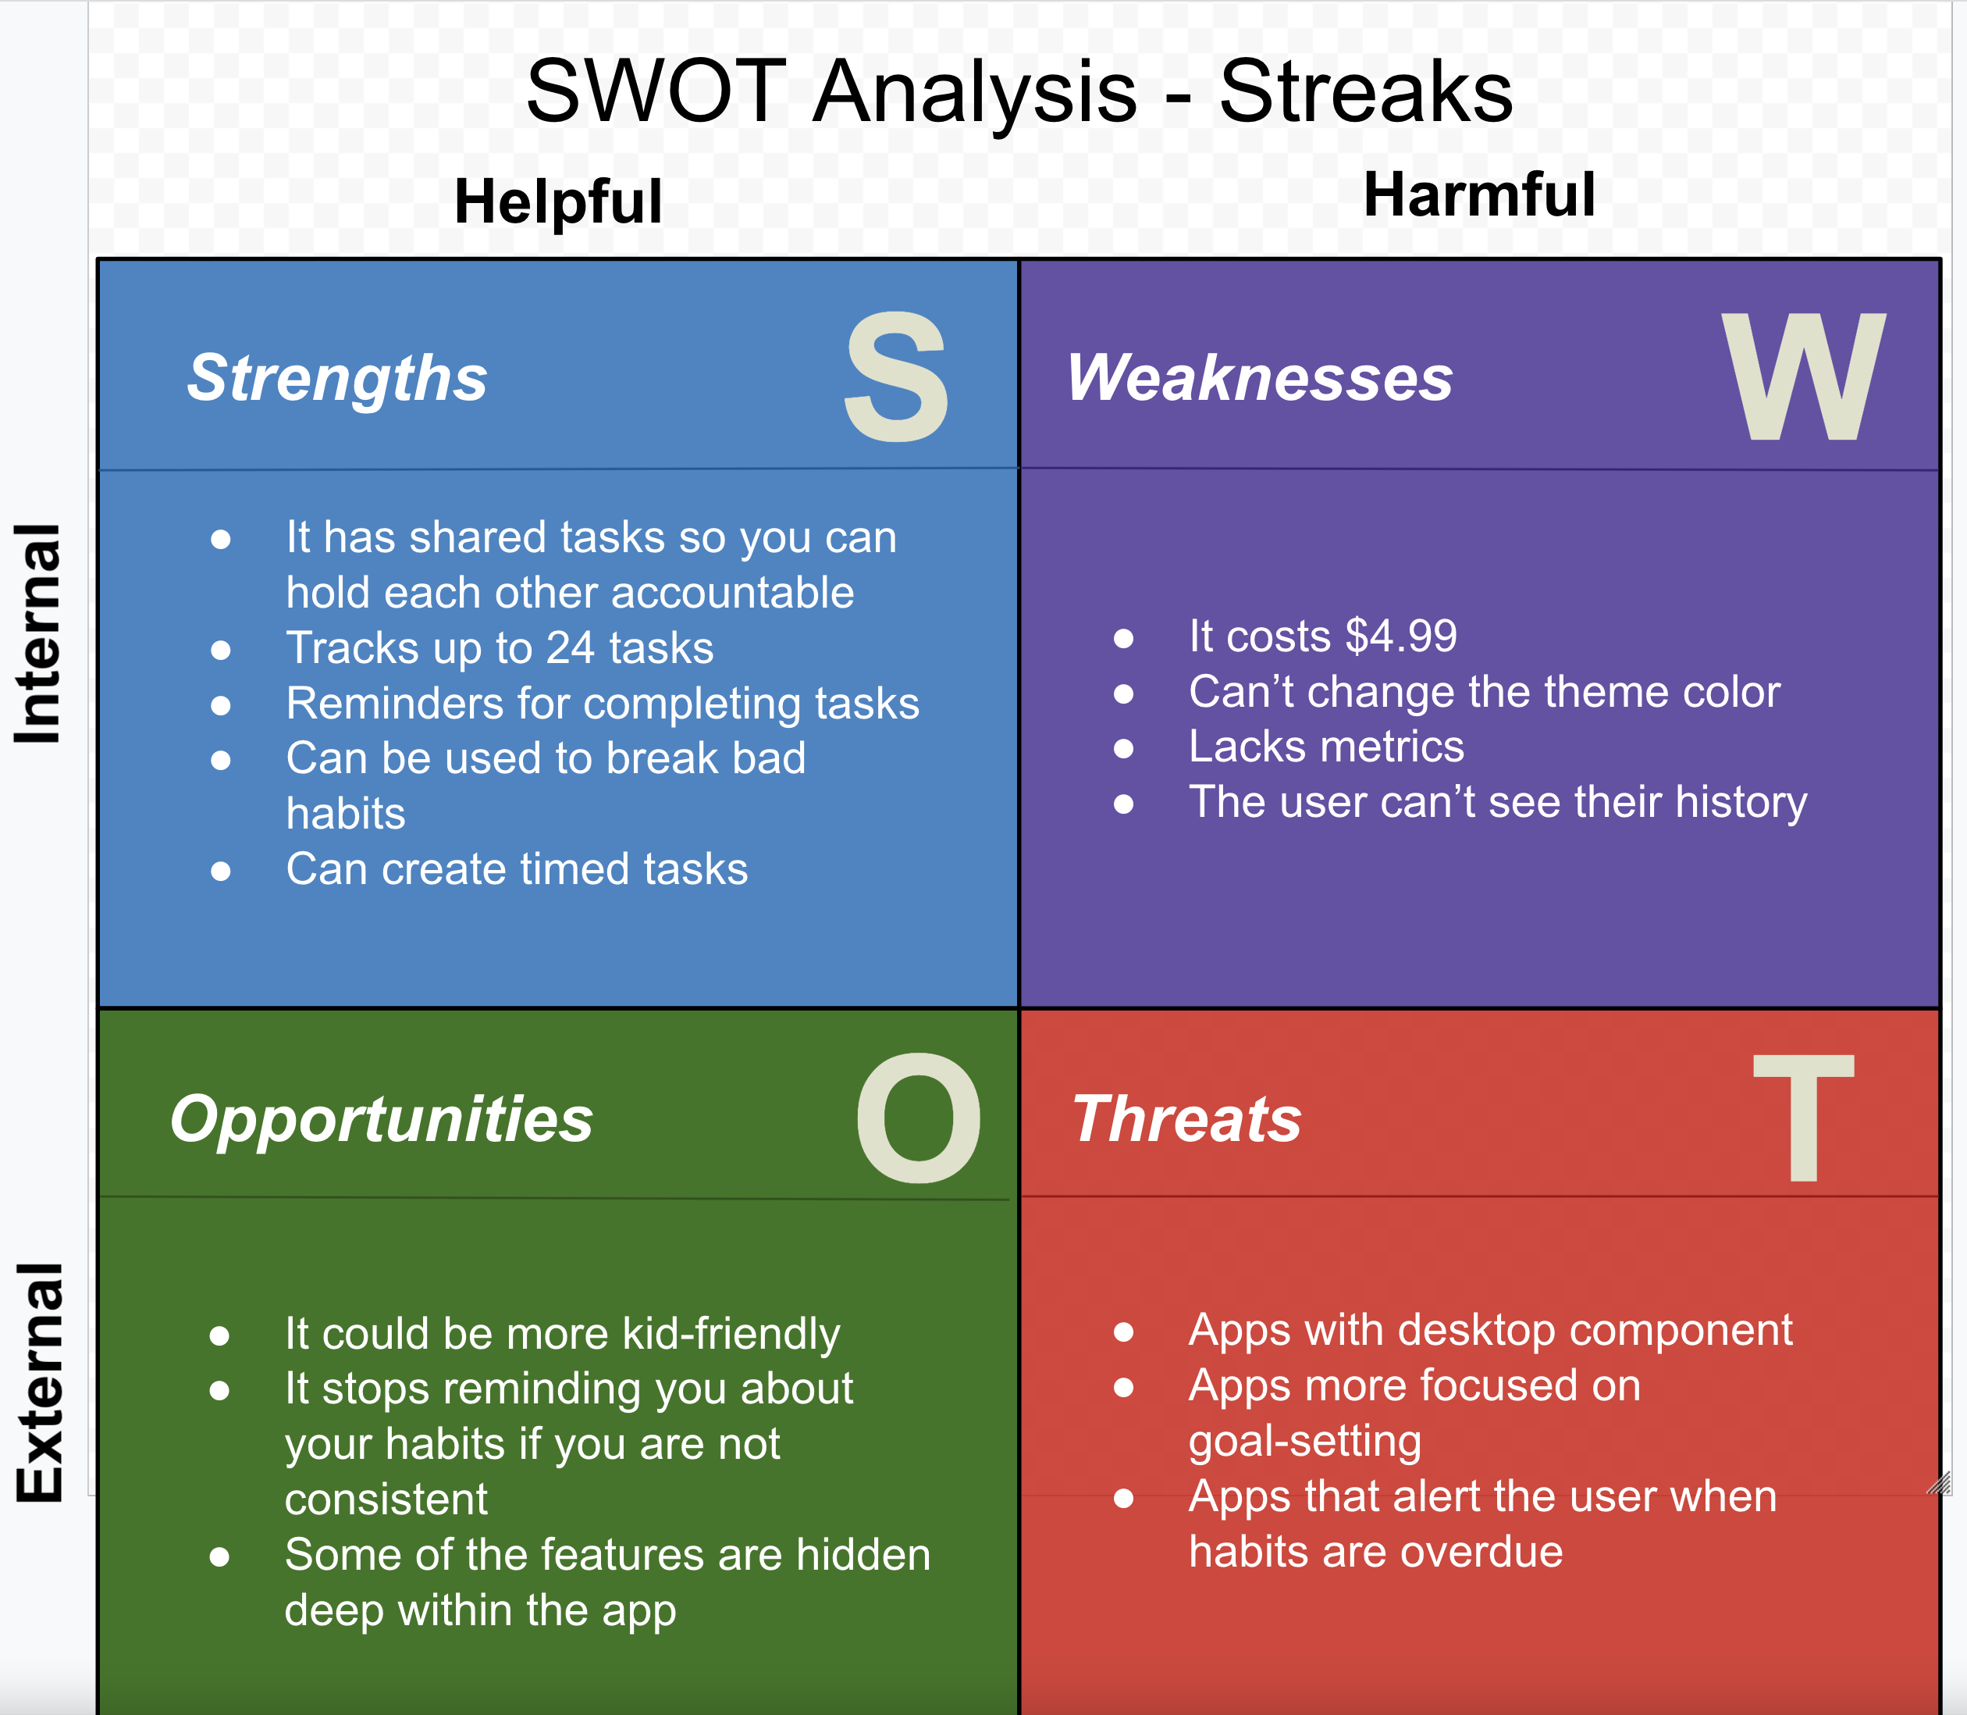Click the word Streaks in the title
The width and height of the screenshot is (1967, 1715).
(x=1365, y=92)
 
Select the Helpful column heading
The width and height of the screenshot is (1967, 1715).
(x=558, y=202)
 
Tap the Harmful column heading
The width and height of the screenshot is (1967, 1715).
(x=1478, y=195)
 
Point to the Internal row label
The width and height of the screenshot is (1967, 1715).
(x=38, y=633)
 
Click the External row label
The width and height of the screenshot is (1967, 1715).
(x=38, y=1382)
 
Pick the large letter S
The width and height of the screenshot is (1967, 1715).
(x=895, y=378)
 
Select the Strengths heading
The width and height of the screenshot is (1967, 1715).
(x=336, y=378)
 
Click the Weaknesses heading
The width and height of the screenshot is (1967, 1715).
(x=1259, y=378)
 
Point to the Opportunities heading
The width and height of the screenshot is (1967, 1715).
(x=381, y=1119)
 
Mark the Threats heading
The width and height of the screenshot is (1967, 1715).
(x=1186, y=1119)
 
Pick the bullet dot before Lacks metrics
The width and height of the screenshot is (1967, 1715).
(x=1123, y=748)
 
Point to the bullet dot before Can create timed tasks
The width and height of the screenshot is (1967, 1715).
(x=221, y=871)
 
